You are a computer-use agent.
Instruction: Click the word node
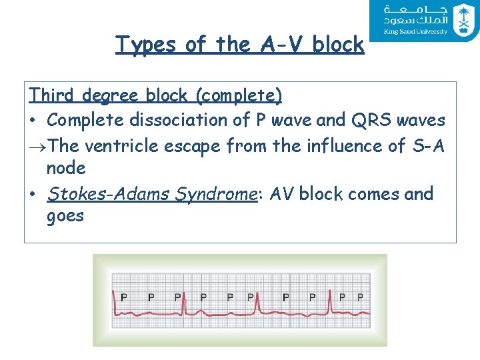(x=66, y=168)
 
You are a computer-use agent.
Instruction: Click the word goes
(x=65, y=216)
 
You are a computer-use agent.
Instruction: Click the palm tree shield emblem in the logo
(x=461, y=19)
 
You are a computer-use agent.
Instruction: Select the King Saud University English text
(x=415, y=31)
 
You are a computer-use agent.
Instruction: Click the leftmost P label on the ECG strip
(x=124, y=297)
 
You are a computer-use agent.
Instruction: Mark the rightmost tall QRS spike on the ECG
(x=328, y=299)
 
